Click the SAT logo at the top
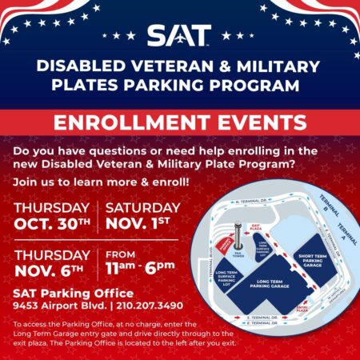coord(179,36)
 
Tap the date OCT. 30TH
coord(53,225)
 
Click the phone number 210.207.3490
coord(157,306)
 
